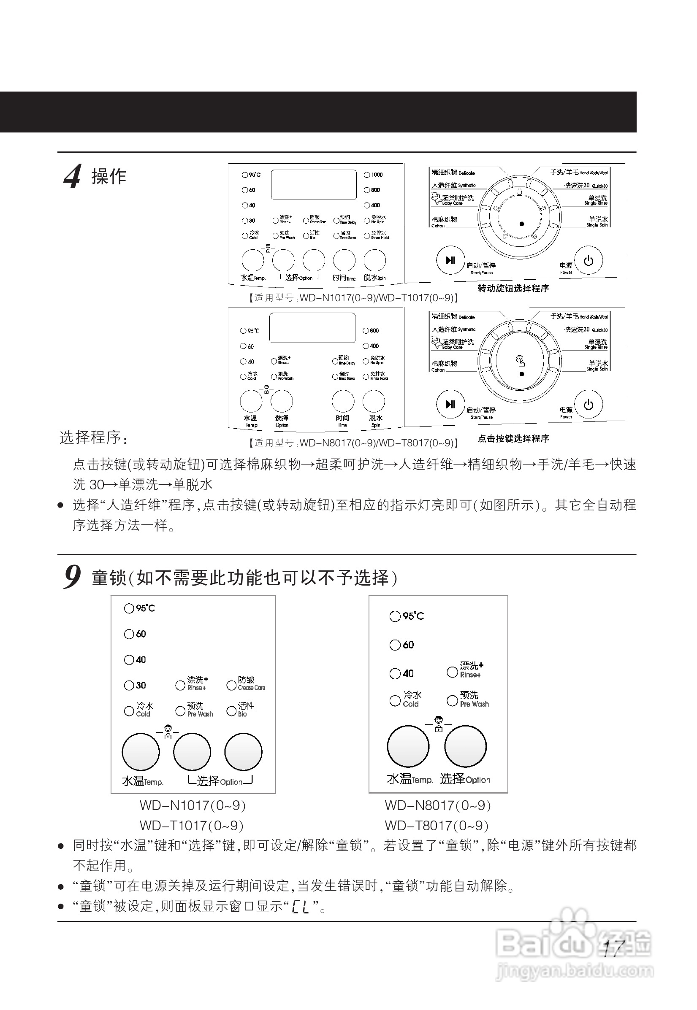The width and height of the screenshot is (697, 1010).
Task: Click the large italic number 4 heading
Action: click(x=73, y=176)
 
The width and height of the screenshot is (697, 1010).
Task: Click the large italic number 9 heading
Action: click(x=73, y=577)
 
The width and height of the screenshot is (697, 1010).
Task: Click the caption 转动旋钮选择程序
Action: click(x=513, y=288)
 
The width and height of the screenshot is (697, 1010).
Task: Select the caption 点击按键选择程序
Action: click(x=513, y=439)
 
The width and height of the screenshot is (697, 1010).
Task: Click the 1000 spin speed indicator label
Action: click(x=377, y=175)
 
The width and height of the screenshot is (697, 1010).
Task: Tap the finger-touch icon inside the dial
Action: click(x=520, y=361)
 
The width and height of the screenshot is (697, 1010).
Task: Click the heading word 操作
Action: click(x=109, y=177)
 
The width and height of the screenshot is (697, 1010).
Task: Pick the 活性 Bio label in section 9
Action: click(x=245, y=709)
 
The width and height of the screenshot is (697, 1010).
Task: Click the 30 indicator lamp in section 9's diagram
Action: click(x=129, y=685)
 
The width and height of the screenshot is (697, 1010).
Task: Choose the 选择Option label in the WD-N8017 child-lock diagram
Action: click(x=465, y=779)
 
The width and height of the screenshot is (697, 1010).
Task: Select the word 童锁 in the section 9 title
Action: click(x=109, y=578)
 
